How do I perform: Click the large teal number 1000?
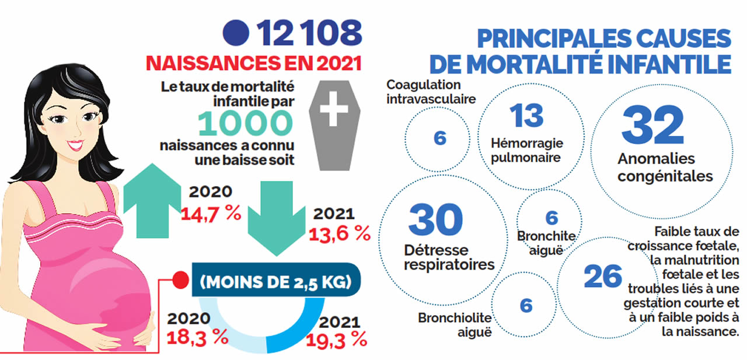tap(245, 123)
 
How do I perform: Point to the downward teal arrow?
tap(270, 215)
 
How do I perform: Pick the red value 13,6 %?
tap(340, 233)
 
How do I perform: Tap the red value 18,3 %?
tap(197, 337)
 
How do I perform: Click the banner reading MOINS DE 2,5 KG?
tap(275, 283)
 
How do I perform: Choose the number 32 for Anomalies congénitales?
tap(652, 125)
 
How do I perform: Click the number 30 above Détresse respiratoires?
tap(435, 220)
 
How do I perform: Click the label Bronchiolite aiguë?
tap(455, 325)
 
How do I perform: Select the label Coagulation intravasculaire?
tap(431, 92)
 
